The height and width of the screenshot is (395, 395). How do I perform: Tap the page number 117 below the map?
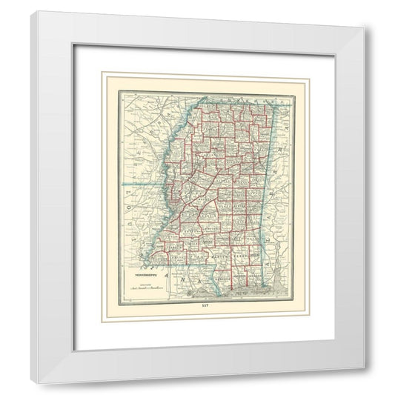pyautogui.click(x=196, y=305)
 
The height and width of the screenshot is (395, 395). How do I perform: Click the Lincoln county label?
pyautogui.click(x=194, y=245)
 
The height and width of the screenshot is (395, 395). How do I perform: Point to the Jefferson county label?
pyautogui.click(x=172, y=238)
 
